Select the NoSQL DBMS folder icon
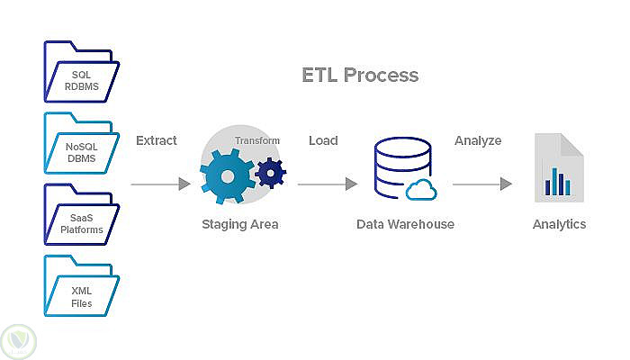(81, 143)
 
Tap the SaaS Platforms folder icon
(81, 215)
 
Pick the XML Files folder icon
(81, 287)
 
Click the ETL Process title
(360, 74)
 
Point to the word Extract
(157, 140)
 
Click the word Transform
(257, 140)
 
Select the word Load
(323, 140)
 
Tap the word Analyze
(478, 140)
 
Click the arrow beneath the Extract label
(160, 184)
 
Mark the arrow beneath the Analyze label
(481, 184)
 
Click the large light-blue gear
(226, 177)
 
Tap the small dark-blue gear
(270, 172)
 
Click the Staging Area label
(240, 224)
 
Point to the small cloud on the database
(421, 190)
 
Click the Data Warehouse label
(405, 224)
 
